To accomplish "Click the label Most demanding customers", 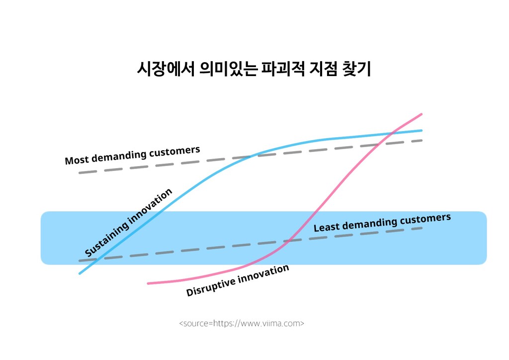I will point(132,155).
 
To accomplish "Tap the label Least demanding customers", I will point(382,222).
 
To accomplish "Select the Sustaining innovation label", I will point(128,223).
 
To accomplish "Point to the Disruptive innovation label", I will point(238,280).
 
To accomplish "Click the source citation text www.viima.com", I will point(242,324).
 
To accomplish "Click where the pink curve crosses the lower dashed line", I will point(289,241).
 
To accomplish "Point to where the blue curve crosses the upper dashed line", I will point(255,156).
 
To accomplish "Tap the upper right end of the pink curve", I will point(421,114).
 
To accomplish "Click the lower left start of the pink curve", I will point(148,283).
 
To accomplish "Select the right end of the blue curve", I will point(421,130).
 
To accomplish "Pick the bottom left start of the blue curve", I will point(80,273).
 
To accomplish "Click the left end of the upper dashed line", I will point(80,173).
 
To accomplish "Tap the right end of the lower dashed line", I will point(422,228).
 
